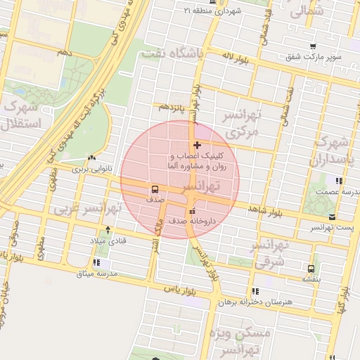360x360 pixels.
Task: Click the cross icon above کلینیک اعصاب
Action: point(196,145)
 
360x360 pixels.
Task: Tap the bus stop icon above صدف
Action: point(153,189)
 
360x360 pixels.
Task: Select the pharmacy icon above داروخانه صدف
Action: point(192,211)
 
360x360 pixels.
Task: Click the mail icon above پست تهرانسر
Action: point(331,217)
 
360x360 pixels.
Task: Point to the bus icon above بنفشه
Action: point(311,268)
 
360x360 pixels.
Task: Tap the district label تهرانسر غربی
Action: point(89,208)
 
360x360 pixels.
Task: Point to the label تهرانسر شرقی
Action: point(269,252)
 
